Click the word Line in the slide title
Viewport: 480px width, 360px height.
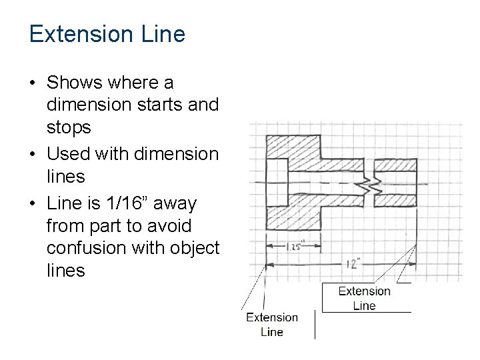pyautogui.click(x=166, y=34)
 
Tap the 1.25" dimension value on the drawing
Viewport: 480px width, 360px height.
pyautogui.click(x=294, y=246)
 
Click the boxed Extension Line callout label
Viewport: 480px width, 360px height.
pyautogui.click(x=365, y=298)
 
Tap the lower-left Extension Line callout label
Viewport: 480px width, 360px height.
pyautogui.click(x=272, y=324)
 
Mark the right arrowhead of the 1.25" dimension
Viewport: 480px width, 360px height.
pyautogui.click(x=317, y=247)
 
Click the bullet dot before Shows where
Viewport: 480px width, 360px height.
pyautogui.click(x=33, y=83)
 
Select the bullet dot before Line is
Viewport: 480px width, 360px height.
pyautogui.click(x=33, y=203)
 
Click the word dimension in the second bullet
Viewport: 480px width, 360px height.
pyautogui.click(x=176, y=154)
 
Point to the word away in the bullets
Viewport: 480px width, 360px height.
pyautogui.click(x=175, y=202)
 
